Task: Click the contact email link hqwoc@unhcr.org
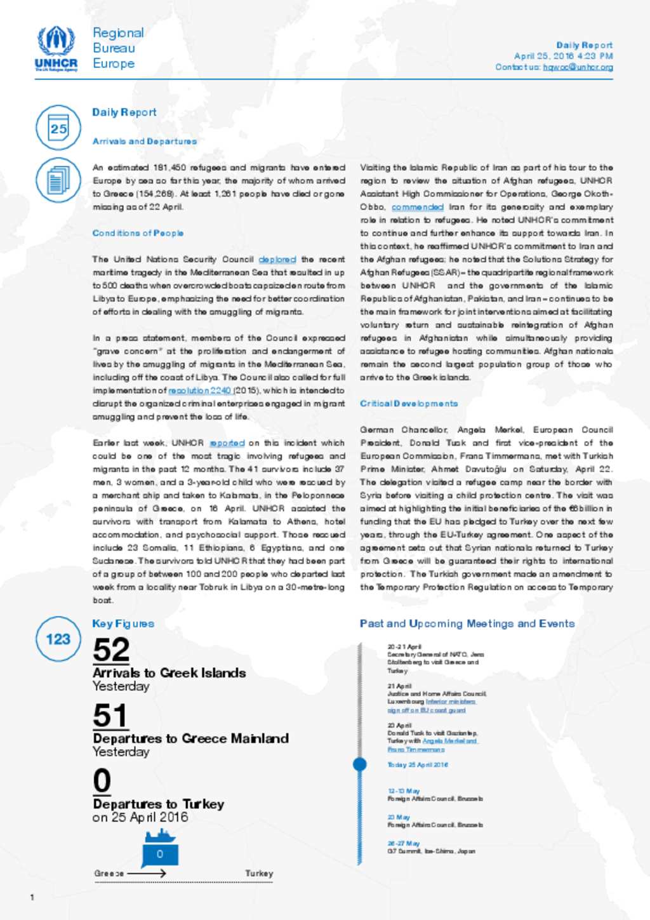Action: [578, 67]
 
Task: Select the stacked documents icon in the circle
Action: [58, 180]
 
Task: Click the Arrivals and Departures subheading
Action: [145, 142]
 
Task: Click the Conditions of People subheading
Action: [138, 233]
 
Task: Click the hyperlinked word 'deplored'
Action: [277, 260]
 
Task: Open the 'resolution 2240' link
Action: [199, 391]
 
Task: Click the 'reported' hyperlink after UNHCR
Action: [227, 443]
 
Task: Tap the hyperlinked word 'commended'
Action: [417, 207]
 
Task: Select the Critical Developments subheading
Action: [408, 404]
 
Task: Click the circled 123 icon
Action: [58, 639]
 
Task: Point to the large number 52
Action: [111, 650]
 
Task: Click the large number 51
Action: [110, 716]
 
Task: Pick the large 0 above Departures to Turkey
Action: [102, 781]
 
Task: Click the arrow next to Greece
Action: [147, 874]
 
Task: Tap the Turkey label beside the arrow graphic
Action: [259, 874]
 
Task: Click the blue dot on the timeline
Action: [360, 764]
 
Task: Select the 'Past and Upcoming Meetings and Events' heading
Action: [467, 623]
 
